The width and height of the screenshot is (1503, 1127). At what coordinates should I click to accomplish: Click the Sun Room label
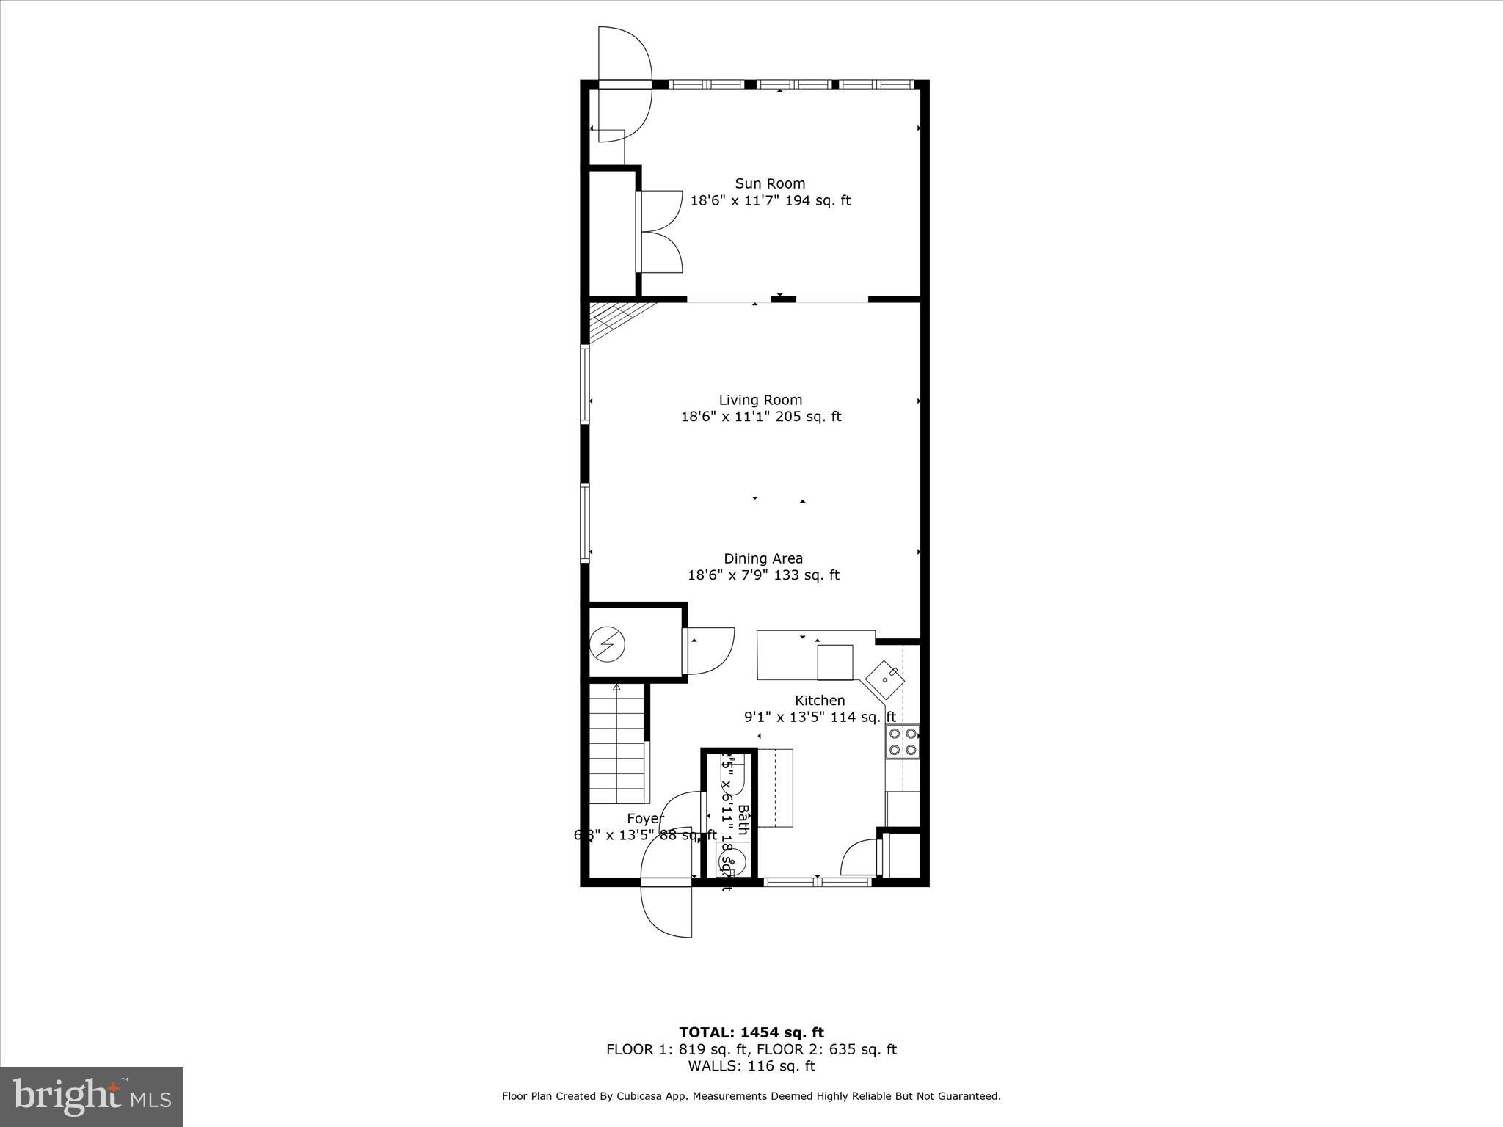click(770, 183)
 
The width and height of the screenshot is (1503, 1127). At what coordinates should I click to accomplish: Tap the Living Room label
click(760, 400)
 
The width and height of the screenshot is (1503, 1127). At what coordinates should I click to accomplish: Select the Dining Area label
click(763, 558)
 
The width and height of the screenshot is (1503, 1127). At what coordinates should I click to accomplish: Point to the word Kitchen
click(820, 701)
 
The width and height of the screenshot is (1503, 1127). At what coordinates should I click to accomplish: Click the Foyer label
click(645, 818)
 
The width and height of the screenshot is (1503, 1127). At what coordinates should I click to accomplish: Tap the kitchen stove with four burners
click(903, 741)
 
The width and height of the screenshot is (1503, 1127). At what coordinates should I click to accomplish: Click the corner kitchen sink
click(884, 679)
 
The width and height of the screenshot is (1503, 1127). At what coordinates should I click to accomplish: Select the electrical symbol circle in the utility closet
click(608, 645)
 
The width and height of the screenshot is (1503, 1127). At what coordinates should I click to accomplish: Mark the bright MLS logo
click(92, 1097)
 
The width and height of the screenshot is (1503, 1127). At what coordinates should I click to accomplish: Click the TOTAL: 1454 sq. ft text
click(751, 1033)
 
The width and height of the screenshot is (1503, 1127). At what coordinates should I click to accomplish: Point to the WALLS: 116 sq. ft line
click(751, 1066)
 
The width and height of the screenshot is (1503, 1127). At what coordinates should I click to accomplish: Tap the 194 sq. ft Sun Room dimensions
click(770, 200)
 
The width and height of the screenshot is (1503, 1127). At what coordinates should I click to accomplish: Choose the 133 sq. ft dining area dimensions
click(763, 575)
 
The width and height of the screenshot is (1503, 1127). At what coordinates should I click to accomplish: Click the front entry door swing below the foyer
click(666, 910)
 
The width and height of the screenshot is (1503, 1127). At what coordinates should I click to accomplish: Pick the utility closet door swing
click(710, 650)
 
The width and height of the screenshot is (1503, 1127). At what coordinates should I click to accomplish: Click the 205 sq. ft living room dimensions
click(760, 417)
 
